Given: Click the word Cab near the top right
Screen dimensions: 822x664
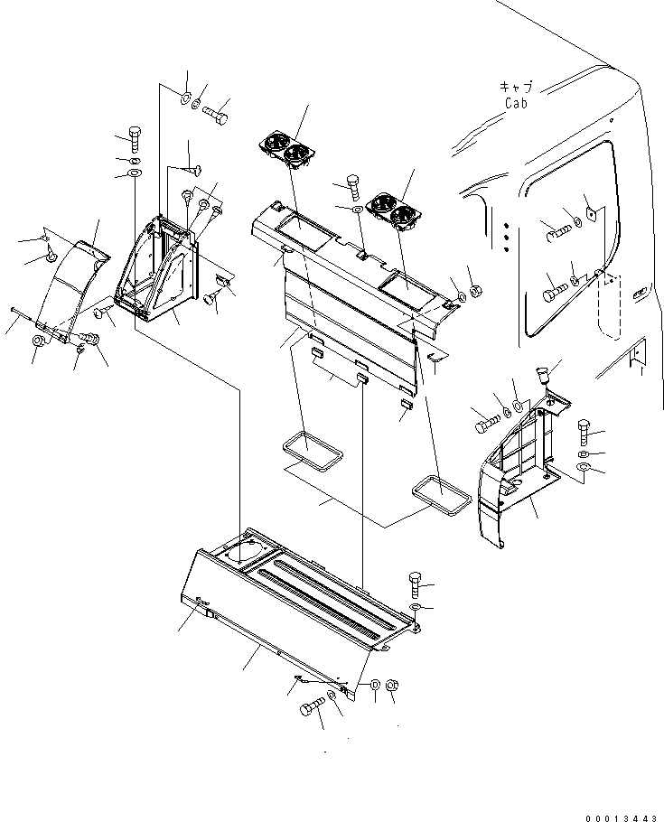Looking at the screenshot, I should tap(517, 103).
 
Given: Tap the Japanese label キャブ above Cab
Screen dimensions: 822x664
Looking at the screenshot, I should tap(516, 88).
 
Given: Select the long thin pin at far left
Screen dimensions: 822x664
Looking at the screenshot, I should tap(27, 317).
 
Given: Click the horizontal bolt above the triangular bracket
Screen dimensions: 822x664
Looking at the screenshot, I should tap(215, 116).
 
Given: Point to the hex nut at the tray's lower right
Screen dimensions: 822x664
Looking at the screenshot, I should tap(392, 688).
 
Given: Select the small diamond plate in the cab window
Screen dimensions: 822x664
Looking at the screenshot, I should tap(589, 213).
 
